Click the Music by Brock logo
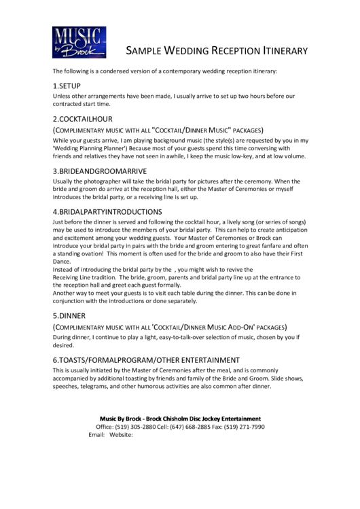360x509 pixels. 79,42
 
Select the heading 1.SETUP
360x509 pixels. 67,86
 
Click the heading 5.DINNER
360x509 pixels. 69,316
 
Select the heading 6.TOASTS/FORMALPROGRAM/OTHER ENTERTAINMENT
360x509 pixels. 146,359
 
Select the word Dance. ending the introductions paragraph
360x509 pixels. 62,261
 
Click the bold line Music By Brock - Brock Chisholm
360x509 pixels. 180,419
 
